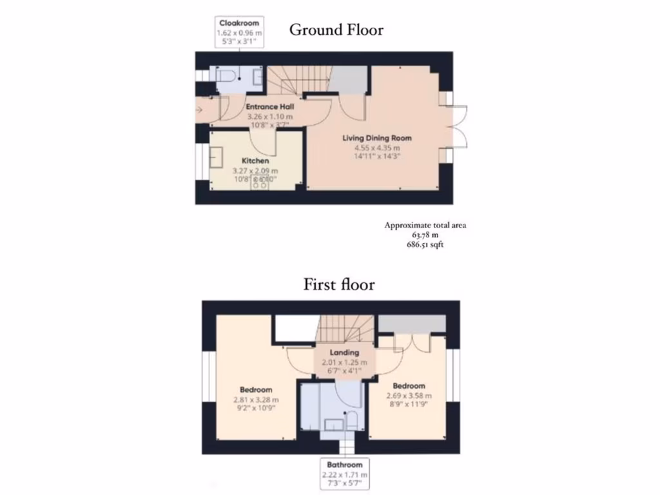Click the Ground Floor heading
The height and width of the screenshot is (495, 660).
336,30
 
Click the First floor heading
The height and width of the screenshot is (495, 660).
339,284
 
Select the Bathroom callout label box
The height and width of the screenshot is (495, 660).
345,474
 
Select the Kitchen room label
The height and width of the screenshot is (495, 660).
255,160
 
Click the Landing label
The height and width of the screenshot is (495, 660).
344,353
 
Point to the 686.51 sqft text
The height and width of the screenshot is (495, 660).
425,245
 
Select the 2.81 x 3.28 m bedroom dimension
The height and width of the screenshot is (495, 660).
256,399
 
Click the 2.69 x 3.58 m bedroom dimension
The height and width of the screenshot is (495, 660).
409,396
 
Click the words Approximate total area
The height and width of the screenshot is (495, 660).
425,226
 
